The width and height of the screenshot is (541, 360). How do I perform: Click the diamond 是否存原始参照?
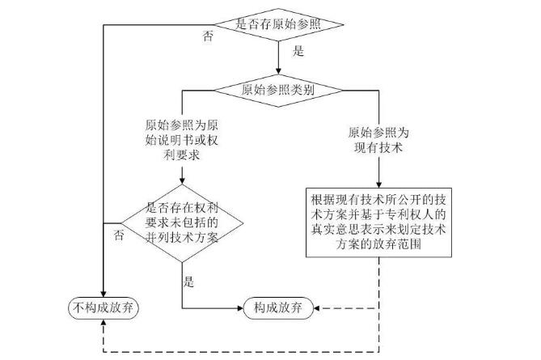(x=279, y=24)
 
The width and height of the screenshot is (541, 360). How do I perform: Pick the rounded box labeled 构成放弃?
(x=279, y=307)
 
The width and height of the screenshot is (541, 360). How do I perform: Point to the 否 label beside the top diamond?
(x=208, y=37)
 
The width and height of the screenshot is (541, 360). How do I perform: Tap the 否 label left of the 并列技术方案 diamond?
(x=119, y=235)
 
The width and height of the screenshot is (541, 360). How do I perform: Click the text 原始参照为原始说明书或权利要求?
(x=181, y=139)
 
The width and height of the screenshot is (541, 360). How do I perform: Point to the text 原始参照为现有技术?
(x=378, y=138)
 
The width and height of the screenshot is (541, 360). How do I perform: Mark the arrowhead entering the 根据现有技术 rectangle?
(x=378, y=184)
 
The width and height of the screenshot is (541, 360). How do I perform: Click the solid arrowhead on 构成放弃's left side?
(x=240, y=307)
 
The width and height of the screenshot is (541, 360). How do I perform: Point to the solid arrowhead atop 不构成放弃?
(x=103, y=293)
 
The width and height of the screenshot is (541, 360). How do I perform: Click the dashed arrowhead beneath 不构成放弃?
(x=103, y=323)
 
